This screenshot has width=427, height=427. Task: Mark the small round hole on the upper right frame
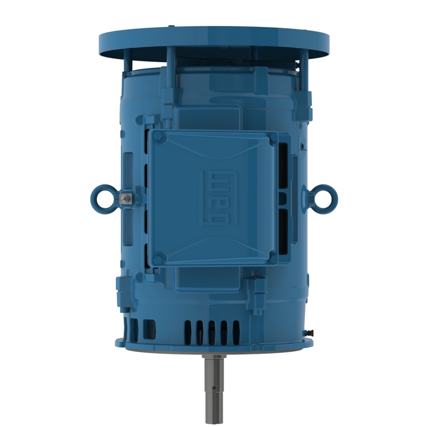pos(302,146)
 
